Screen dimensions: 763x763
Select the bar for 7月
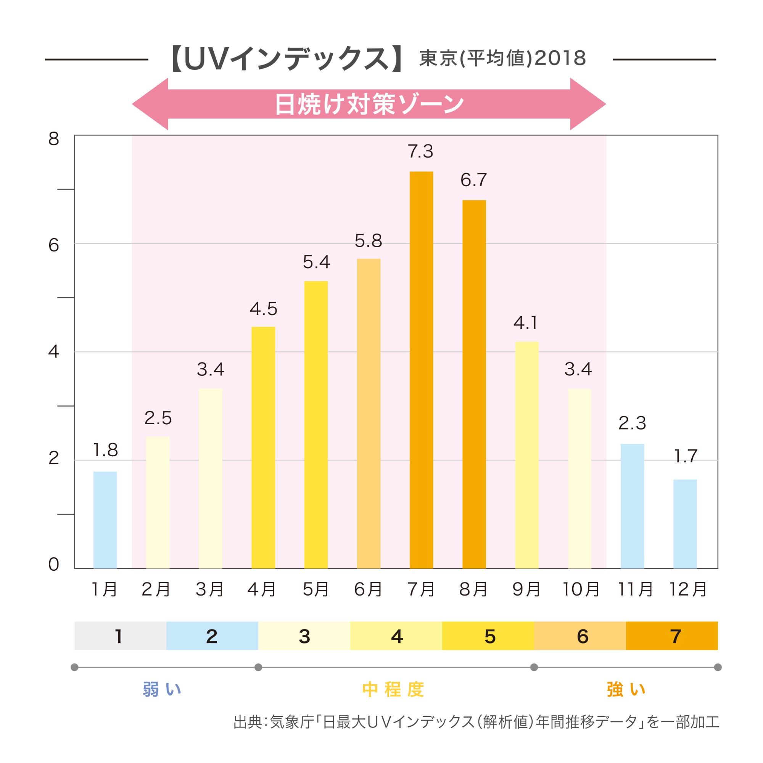pyautogui.click(x=422, y=370)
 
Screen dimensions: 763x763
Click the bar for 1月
pyautogui.click(x=105, y=520)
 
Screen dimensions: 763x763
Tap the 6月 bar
pyautogui.click(x=369, y=414)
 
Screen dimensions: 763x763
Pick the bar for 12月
pyautogui.click(x=685, y=524)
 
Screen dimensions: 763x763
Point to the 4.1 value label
pyautogui.click(x=526, y=323)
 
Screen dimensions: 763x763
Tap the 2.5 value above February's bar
pyautogui.click(x=158, y=418)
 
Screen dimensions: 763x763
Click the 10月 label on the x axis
pyautogui.click(x=581, y=589)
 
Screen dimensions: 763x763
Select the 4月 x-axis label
pyautogui.click(x=261, y=589)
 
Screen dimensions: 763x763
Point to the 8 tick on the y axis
pyautogui.click(x=54, y=139)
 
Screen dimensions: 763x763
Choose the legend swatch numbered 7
pyautogui.click(x=671, y=636)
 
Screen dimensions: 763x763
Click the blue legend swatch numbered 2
pyautogui.click(x=212, y=636)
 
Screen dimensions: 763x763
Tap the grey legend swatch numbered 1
pyautogui.click(x=120, y=636)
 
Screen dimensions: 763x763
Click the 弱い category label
pyautogui.click(x=162, y=689)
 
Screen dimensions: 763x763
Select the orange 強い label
pyautogui.click(x=626, y=689)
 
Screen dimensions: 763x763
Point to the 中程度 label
pyautogui.click(x=393, y=689)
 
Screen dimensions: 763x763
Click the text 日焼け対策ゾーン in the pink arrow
pyautogui.click(x=369, y=104)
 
